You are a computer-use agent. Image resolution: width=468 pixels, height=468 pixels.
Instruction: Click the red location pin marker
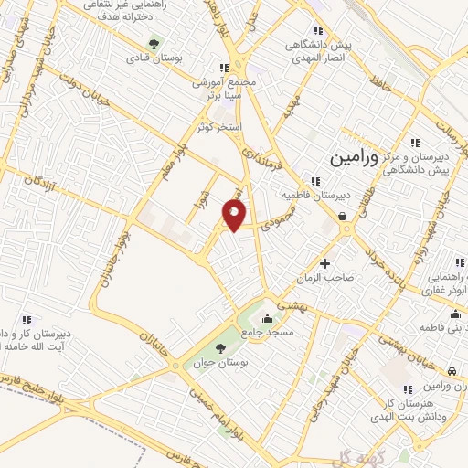click(235, 216)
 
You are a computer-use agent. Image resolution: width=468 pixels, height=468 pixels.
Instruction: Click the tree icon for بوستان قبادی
click(154, 42)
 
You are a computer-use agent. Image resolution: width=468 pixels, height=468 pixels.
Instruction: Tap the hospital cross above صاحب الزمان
click(324, 263)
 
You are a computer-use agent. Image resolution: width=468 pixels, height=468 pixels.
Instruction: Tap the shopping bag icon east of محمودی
click(342, 217)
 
